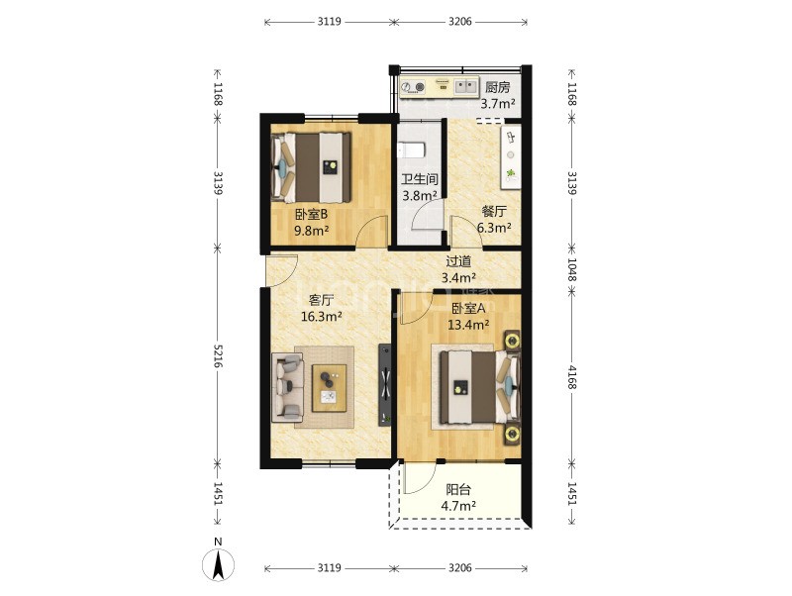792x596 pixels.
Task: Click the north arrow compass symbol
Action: click(218, 564)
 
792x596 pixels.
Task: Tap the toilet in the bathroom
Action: click(411, 150)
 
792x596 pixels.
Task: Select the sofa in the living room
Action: click(287, 387)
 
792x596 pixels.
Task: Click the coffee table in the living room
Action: click(329, 388)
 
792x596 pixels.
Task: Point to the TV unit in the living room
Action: click(385, 385)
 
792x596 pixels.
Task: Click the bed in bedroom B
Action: click(311, 167)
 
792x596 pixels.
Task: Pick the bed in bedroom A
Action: click(479, 387)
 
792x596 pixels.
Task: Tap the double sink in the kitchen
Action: click(465, 86)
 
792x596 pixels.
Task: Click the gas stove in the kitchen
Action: click(413, 87)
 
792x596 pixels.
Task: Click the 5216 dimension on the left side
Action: click(218, 356)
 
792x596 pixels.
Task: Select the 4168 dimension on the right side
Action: click(572, 377)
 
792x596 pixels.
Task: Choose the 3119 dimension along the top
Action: click(330, 21)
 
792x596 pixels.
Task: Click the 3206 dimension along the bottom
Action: click(460, 567)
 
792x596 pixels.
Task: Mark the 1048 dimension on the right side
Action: click(572, 269)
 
